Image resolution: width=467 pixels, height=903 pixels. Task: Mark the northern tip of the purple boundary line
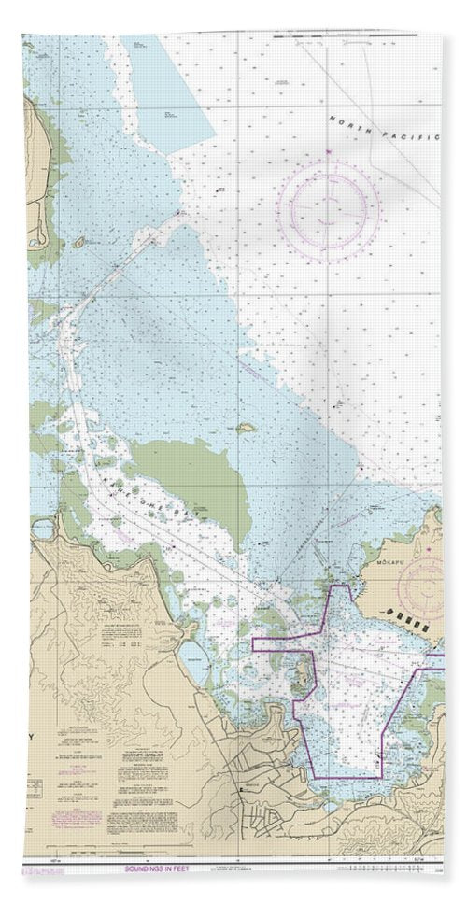[x=349, y=587]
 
